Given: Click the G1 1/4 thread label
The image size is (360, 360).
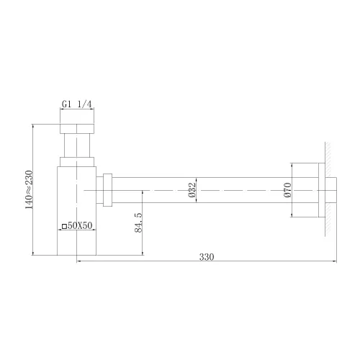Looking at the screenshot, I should coord(76,104).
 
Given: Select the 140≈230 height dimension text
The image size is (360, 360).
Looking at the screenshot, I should coord(28,189).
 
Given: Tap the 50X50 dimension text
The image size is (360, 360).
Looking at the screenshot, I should coord(80,226).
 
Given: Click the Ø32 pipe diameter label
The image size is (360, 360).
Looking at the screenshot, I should coord(192,189).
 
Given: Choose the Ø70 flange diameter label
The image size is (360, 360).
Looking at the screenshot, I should coord(287,189).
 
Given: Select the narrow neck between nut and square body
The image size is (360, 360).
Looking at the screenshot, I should coord(76,150).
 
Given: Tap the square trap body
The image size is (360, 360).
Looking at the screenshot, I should coord(76,209).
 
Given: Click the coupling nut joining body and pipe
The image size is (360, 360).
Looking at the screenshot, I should coord(107,189).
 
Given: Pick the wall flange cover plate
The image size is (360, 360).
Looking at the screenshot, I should coord(319,189).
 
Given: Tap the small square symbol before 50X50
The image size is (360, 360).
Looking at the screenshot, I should coord(64,226).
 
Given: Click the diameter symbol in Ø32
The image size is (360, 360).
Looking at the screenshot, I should coord(192,195).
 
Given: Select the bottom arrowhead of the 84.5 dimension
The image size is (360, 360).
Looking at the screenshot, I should coord(144,253).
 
